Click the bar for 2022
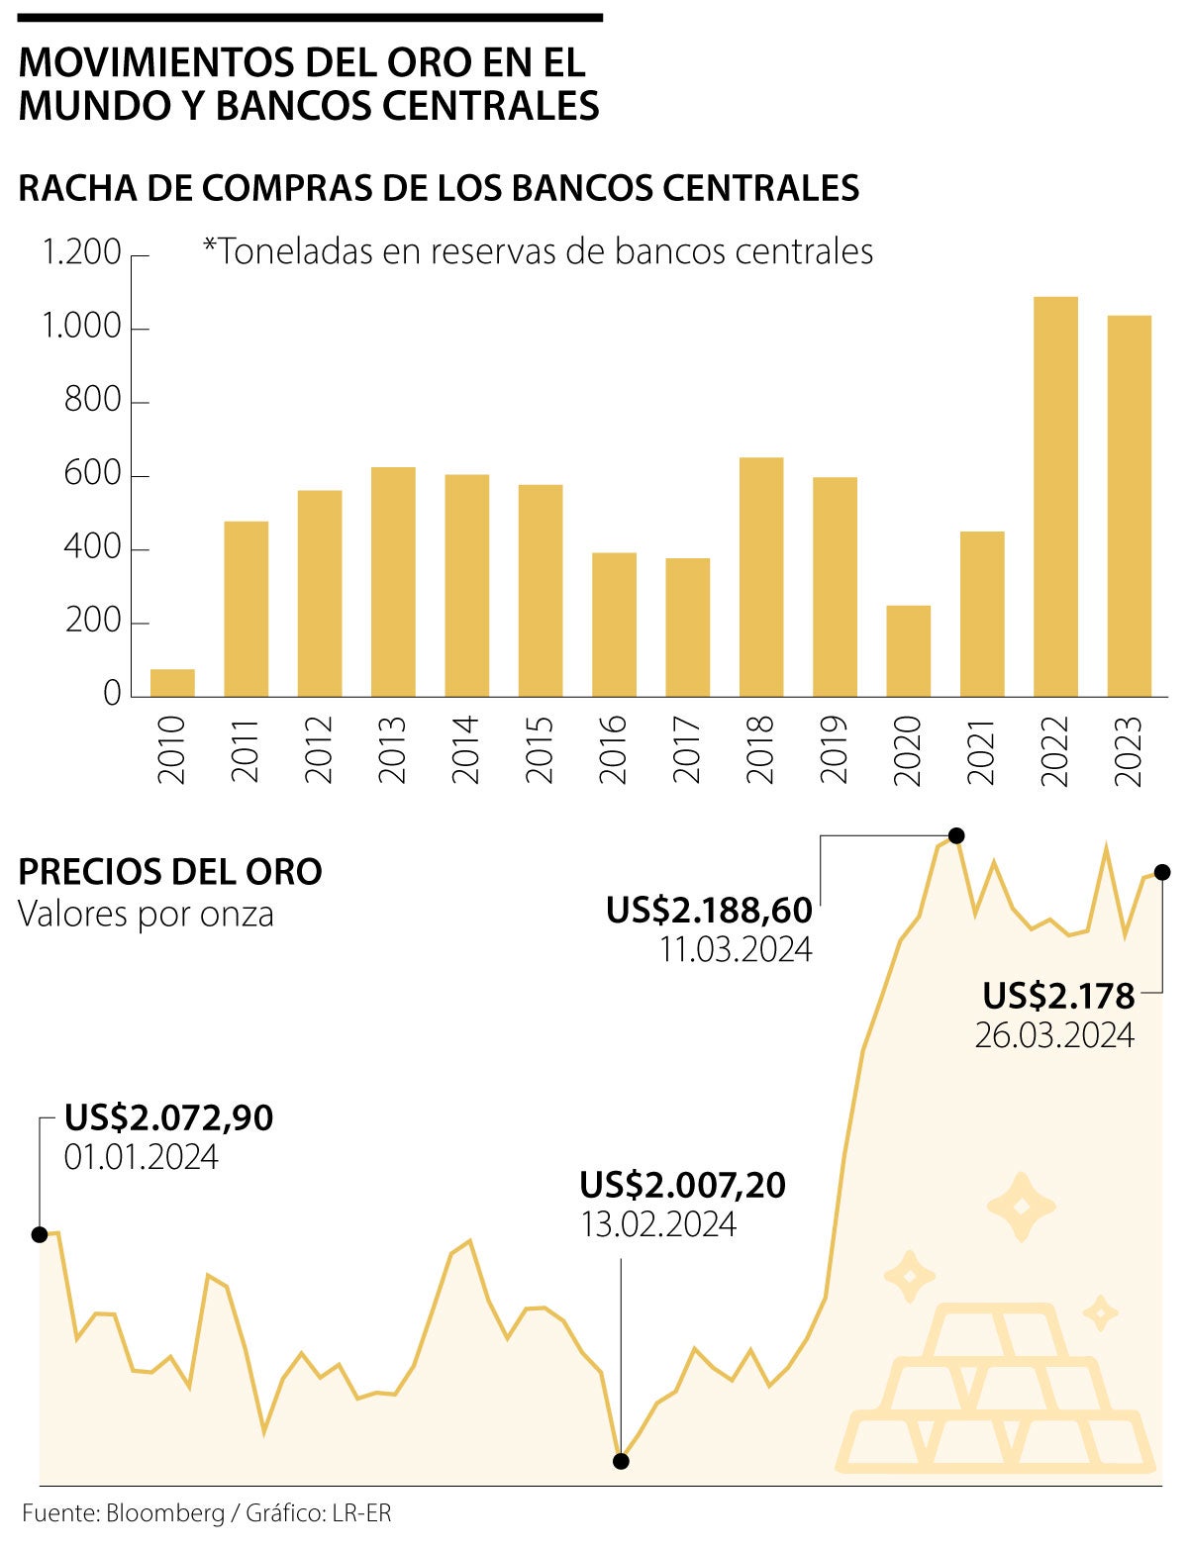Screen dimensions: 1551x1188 tap(1055, 497)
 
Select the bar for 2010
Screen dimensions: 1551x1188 tap(172, 683)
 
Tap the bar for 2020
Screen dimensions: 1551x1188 tap(908, 650)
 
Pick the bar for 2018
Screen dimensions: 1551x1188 tap(761, 577)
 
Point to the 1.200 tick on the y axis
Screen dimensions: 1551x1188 tap(81, 253)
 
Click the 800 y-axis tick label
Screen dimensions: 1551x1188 tap(92, 401)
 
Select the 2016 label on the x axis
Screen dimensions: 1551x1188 tap(614, 749)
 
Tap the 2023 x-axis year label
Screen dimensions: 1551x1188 tap(1129, 749)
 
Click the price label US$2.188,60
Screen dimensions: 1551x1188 tap(709, 910)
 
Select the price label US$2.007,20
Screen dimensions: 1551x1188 tap(682, 1184)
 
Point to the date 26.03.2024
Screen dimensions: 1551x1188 tap(1054, 1035)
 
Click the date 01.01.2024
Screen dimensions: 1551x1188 tap(142, 1157)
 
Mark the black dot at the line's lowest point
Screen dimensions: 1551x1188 tap(621, 1461)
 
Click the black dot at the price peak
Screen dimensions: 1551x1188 tap(955, 835)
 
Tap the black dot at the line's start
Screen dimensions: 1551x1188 tap(40, 1234)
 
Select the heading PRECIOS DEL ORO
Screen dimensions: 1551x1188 tap(170, 872)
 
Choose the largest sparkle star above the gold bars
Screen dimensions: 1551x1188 tap(1021, 1207)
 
